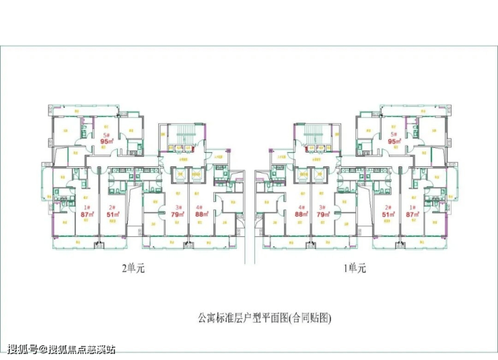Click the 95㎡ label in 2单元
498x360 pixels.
106,141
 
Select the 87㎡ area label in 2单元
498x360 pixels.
86,215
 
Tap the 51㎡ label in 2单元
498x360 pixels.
113,215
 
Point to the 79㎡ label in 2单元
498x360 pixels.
179,215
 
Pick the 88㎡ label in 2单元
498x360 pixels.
200,215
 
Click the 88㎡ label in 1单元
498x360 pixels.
301,215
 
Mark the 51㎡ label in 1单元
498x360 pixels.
388,215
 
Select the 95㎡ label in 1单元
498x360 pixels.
394,141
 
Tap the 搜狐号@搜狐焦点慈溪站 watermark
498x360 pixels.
61,349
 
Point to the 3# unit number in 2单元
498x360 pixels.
179,207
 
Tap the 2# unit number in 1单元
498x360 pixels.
388,207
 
